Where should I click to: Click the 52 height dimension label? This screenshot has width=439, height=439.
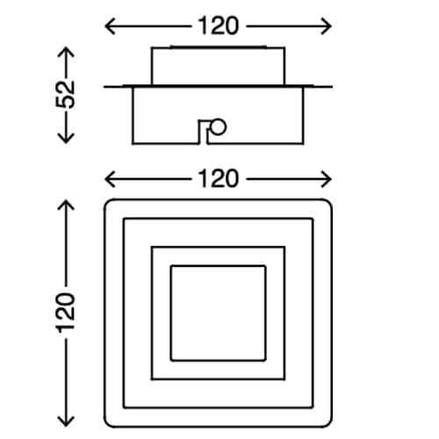point(66,95)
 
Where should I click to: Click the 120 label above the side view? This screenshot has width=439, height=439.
point(219,26)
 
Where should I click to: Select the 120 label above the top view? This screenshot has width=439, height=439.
point(219,179)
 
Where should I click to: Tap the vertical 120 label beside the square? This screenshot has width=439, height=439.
point(66,313)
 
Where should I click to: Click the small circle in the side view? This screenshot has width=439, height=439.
point(219,126)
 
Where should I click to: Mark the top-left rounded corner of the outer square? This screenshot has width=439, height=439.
point(107,202)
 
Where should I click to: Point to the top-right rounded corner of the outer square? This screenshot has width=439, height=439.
point(329,202)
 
